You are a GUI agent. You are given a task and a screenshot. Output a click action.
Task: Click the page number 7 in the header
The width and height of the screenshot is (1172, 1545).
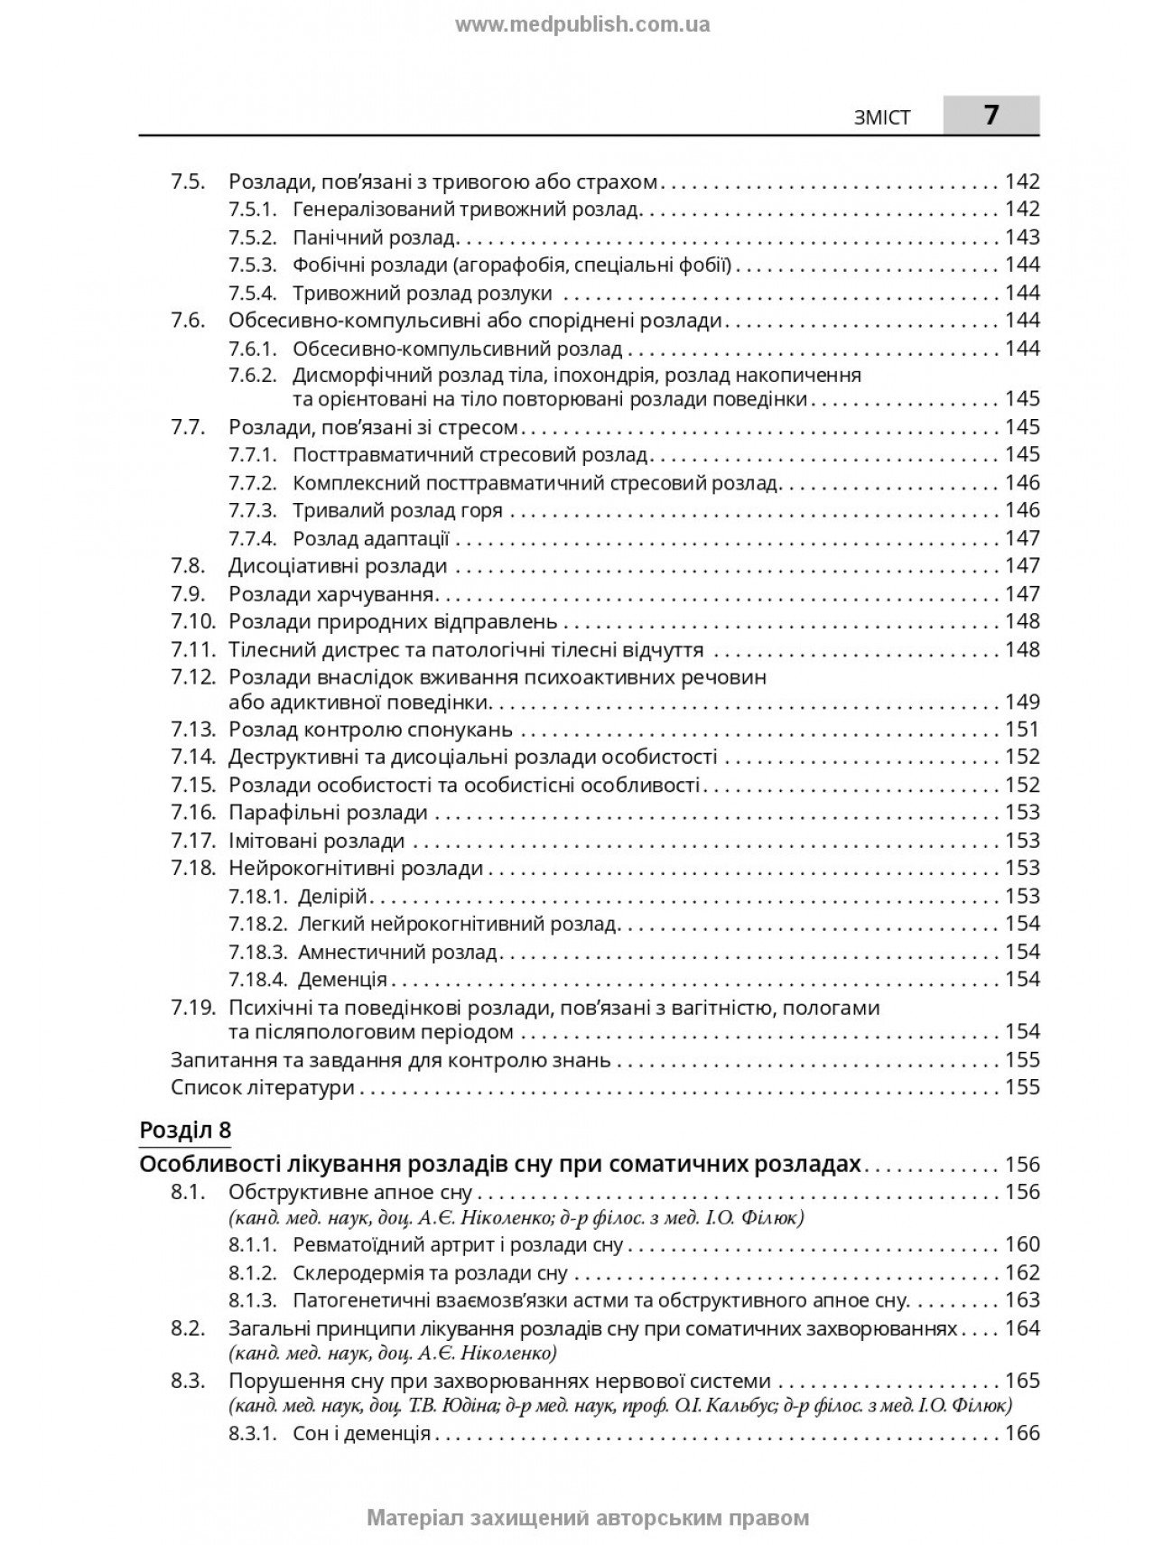[x=991, y=116]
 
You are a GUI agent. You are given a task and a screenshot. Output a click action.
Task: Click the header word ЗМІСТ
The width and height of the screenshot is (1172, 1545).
[x=882, y=117]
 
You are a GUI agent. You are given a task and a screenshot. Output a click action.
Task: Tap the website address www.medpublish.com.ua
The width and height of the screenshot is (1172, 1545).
[x=582, y=25]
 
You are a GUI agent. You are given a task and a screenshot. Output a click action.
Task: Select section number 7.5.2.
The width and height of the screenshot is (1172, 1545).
[x=252, y=237]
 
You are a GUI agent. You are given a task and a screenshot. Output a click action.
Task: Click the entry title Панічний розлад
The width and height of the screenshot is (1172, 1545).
[x=374, y=237]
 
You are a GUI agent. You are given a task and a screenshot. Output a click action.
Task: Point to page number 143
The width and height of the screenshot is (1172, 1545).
[x=1022, y=237]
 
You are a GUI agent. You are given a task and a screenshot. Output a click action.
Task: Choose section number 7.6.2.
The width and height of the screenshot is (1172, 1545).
[x=252, y=375]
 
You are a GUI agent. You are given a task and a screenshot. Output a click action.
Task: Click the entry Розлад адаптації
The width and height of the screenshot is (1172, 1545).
[x=370, y=539]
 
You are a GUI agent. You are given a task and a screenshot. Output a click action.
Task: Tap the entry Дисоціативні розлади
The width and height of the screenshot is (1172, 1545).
[x=338, y=566]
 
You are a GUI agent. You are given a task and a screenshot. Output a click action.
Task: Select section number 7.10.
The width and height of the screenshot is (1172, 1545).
[x=193, y=621]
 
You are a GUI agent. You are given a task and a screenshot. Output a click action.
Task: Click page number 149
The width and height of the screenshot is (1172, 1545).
[x=1022, y=702]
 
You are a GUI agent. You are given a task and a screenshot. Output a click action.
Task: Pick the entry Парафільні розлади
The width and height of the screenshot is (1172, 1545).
[x=328, y=813]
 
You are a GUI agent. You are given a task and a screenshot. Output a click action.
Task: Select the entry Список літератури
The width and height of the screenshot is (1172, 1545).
[x=262, y=1087]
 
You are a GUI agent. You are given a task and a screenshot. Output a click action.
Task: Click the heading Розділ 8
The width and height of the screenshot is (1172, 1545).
[x=185, y=1130]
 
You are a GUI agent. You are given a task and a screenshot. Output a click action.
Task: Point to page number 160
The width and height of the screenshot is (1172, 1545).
[x=1022, y=1244]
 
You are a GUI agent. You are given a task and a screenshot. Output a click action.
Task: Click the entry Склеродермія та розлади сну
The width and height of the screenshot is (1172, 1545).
[x=430, y=1273]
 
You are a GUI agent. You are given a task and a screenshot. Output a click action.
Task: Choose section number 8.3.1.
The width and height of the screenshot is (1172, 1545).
[x=252, y=1433]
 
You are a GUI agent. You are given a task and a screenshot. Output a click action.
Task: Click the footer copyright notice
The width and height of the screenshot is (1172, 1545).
[x=588, y=1518]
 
